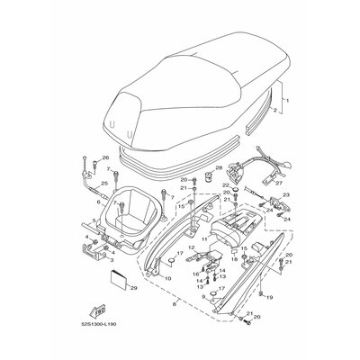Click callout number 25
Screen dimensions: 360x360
click(104, 184)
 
